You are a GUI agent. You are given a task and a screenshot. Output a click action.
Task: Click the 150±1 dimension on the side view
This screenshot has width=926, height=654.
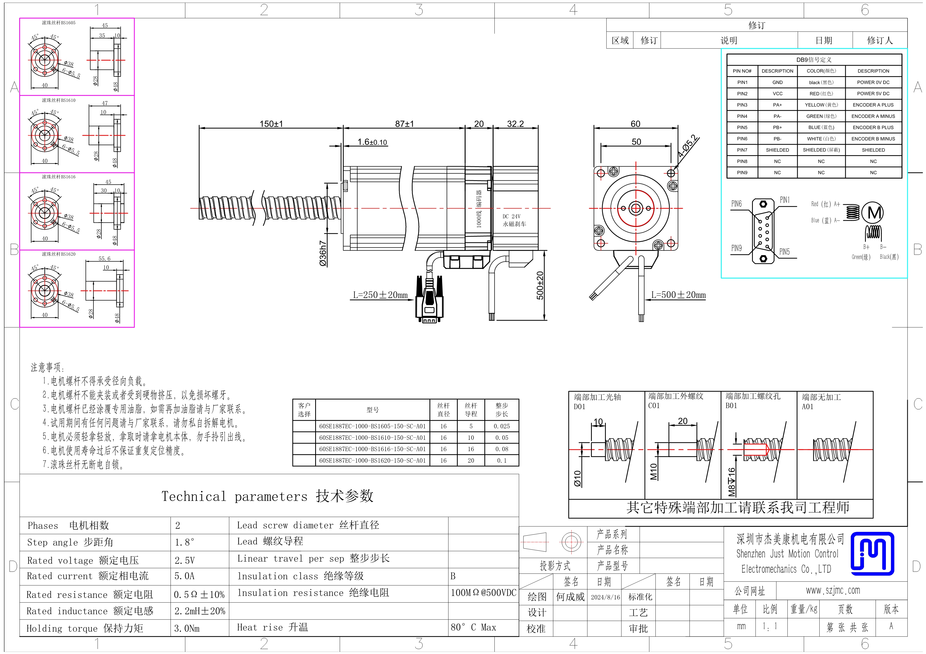coord(271,124)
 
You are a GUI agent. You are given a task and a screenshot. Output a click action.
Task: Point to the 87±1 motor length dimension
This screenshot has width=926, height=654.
coord(404,124)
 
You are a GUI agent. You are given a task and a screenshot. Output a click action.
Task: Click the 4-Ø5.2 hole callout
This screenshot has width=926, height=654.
coord(688,146)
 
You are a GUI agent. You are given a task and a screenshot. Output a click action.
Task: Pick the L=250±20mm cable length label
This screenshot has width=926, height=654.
coord(380,295)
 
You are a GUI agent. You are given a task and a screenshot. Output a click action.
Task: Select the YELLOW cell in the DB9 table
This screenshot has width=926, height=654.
coord(821,105)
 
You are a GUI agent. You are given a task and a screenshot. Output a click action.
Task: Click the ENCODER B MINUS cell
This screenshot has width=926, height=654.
coord(873,139)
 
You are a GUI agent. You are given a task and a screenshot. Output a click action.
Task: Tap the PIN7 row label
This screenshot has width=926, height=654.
coord(742,150)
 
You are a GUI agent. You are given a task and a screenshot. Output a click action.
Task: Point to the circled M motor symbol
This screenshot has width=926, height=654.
coord(872,212)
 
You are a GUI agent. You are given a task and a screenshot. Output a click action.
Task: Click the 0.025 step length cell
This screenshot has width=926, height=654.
coord(502,426)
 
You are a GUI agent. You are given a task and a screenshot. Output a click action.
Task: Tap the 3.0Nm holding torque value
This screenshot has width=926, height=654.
coord(187,628)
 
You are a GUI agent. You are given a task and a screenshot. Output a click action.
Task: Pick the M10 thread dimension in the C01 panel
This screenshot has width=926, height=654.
coord(654,471)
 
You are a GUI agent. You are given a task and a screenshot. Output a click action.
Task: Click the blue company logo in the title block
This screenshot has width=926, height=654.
coord(872,554)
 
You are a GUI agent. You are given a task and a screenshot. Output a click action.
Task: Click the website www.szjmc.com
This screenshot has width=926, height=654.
coord(833,590)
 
